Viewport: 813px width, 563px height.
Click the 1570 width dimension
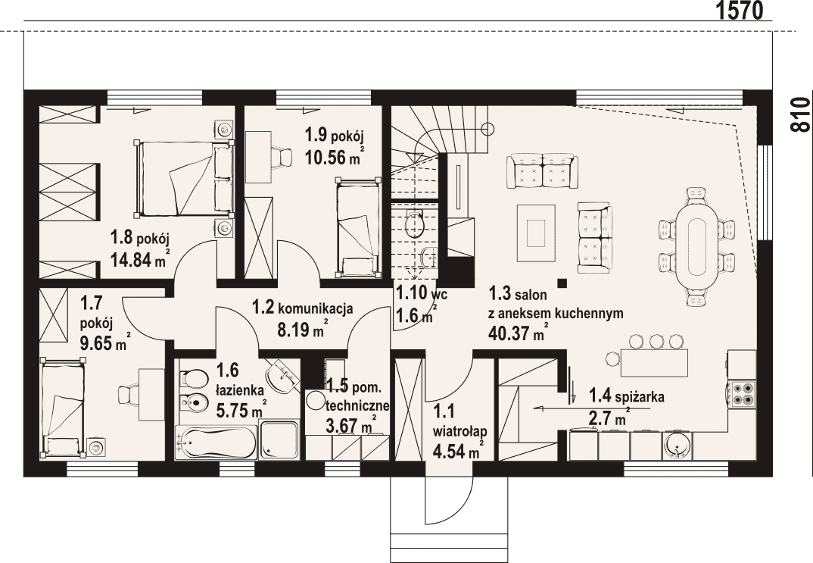[x=740, y=11]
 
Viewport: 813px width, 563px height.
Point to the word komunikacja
[x=315, y=308]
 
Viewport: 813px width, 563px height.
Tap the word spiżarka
[x=640, y=398]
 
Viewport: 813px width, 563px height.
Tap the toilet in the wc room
[x=415, y=223]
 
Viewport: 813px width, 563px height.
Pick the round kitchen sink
[x=677, y=446]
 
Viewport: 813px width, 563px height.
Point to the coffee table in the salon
[x=536, y=233]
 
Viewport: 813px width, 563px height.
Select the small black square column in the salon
[x=562, y=283]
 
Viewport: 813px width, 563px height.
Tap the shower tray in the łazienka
[x=279, y=440]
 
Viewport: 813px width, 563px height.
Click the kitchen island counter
[x=654, y=363]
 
